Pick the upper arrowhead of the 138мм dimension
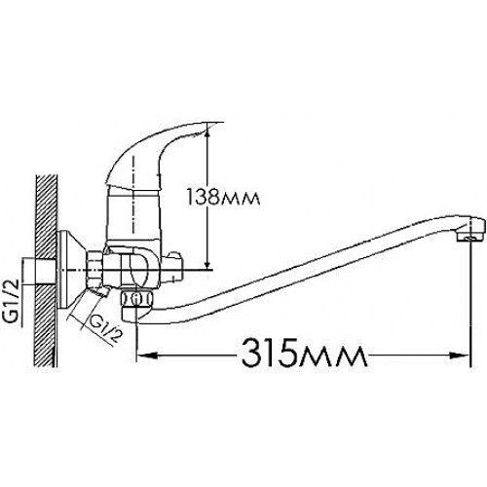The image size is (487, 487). point(206,137)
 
